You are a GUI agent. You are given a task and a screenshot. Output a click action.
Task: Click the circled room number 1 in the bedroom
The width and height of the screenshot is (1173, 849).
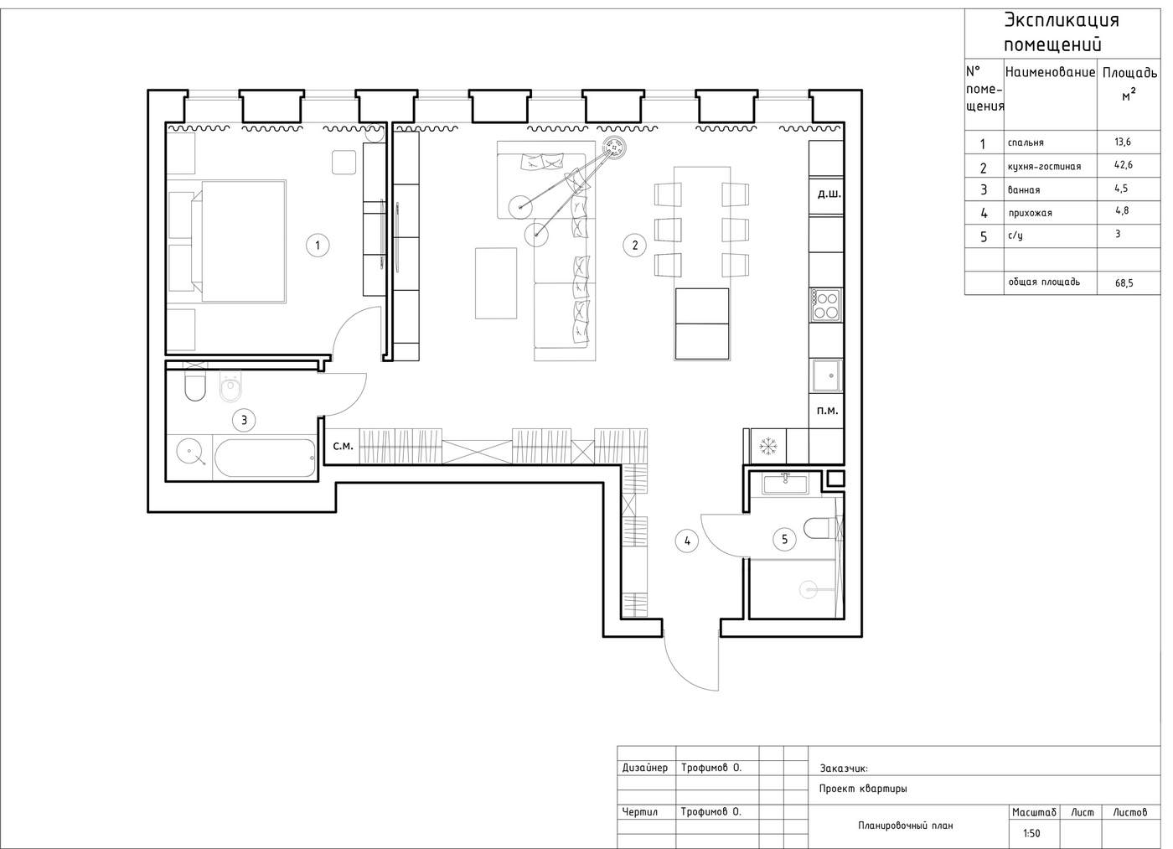(318, 245)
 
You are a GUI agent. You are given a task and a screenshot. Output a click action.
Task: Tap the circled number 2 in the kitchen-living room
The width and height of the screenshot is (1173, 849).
(635, 245)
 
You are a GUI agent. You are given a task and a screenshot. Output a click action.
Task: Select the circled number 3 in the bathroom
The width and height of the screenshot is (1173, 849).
(244, 420)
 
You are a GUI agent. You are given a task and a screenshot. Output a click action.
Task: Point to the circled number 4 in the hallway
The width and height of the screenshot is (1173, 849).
(687, 541)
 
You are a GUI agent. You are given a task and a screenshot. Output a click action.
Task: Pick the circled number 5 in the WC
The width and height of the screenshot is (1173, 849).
(784, 539)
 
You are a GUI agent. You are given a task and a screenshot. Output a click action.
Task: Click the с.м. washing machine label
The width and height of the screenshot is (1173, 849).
(343, 446)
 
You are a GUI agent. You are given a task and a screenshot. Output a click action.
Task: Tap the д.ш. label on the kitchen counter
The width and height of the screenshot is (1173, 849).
(829, 194)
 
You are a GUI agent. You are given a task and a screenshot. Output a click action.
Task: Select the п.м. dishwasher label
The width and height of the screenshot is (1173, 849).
(828, 411)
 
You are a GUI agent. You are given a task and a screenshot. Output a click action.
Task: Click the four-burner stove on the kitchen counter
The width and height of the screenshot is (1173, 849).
(826, 305)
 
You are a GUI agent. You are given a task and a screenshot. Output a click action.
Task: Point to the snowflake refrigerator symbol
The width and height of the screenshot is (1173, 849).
(768, 446)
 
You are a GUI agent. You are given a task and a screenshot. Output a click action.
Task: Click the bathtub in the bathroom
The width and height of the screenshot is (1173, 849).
(266, 458)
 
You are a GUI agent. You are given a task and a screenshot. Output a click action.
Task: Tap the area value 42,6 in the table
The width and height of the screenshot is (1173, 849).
(1124, 165)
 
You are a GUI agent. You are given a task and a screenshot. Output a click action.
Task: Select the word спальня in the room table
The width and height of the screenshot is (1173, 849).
(1026, 142)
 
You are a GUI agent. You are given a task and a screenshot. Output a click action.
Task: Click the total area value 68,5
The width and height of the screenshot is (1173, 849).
(1124, 283)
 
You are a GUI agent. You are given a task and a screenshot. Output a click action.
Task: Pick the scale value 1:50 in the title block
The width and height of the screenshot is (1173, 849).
(1031, 833)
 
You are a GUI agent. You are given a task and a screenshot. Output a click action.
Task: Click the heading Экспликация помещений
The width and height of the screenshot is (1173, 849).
(1062, 33)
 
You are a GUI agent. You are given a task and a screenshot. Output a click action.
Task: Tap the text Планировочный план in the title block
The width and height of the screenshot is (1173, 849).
(906, 826)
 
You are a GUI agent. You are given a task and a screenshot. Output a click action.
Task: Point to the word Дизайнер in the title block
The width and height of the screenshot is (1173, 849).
(644, 768)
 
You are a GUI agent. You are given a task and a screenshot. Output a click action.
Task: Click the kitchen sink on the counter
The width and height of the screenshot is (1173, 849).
(827, 375)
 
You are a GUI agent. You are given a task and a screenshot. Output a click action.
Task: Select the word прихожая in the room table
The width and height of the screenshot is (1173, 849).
(1030, 213)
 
